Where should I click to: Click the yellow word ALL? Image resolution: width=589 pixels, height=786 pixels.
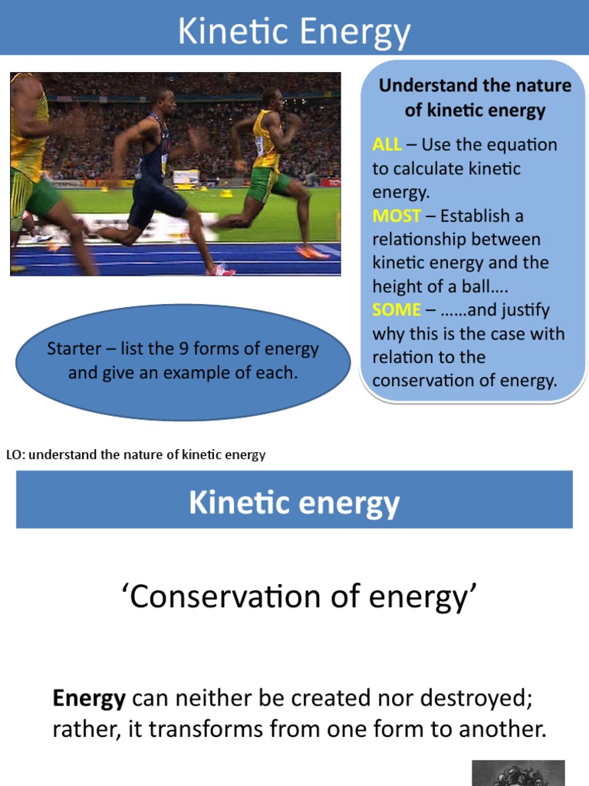(387, 144)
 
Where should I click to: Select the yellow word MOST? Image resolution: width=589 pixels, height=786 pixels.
(397, 216)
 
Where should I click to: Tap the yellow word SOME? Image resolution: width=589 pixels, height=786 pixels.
(397, 309)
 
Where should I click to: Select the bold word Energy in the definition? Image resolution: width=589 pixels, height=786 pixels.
(89, 698)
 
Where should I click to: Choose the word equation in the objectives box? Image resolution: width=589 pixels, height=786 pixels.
(522, 144)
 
